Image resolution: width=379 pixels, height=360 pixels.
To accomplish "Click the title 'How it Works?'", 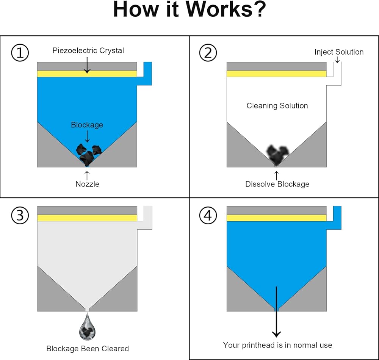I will [189, 10].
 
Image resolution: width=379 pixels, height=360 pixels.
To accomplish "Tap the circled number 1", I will [20, 53].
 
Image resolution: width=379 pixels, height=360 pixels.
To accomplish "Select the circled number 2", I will [208, 53].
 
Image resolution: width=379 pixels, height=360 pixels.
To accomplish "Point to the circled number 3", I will [20, 216].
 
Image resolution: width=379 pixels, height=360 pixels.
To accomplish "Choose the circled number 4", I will [208, 216].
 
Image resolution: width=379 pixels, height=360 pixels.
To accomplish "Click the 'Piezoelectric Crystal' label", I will [88, 50].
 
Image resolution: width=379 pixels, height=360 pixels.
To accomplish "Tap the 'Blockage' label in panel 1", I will [87, 125].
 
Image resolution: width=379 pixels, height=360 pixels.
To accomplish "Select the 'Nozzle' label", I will [87, 184].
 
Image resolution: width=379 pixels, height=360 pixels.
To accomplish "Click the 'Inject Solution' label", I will [339, 52].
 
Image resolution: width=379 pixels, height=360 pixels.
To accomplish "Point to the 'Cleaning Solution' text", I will [277, 106].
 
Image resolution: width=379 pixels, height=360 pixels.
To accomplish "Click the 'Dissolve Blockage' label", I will [277, 184].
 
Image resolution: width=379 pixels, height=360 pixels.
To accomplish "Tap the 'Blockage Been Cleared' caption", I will [88, 348].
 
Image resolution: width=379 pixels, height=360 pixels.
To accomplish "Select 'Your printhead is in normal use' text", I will [277, 345].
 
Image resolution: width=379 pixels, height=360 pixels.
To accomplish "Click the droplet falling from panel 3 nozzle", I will [87, 329].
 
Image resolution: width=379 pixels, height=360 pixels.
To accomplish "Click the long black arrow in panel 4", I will [276, 311].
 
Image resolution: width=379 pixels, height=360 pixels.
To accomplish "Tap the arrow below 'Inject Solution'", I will [337, 60].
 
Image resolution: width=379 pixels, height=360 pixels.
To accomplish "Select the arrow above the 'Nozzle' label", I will [87, 175].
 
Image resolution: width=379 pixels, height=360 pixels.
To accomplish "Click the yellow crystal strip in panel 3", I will [87, 218].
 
